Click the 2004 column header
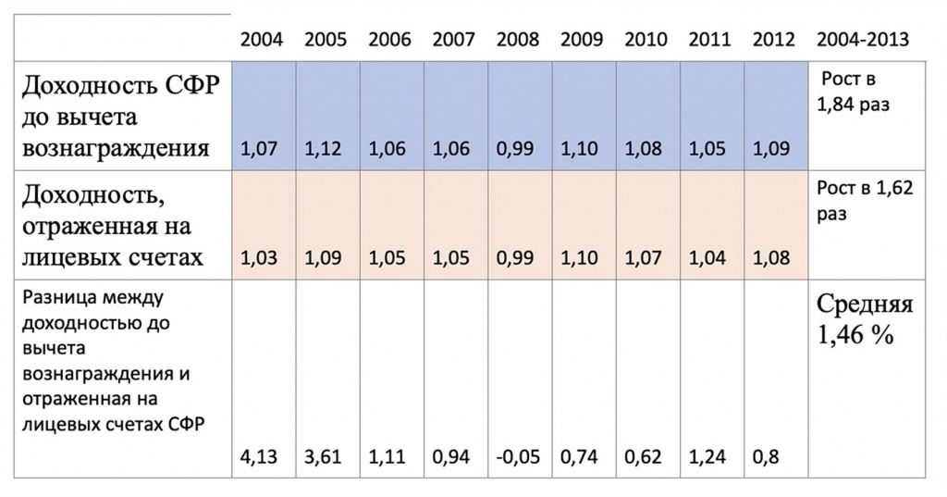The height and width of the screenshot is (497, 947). pyautogui.click(x=262, y=40)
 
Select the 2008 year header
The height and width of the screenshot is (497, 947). pyautogui.click(x=518, y=40)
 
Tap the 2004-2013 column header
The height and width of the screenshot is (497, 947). pyautogui.click(x=863, y=40)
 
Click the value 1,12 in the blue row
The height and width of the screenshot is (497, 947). pyautogui.click(x=323, y=149)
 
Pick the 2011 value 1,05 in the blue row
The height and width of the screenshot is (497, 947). pyautogui.click(x=707, y=149)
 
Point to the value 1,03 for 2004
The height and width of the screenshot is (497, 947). pyautogui.click(x=259, y=258)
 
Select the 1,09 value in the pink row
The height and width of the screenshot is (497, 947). pyautogui.click(x=323, y=258)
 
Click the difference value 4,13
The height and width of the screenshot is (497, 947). pyautogui.click(x=259, y=456)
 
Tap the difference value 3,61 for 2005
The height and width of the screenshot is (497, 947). pyautogui.click(x=323, y=456)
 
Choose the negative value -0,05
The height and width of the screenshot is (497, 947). pyautogui.click(x=518, y=456)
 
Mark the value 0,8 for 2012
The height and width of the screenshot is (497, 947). pyautogui.click(x=765, y=456)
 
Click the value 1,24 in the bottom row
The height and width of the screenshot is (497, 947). pyautogui.click(x=707, y=456)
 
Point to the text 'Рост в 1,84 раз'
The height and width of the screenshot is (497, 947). pyautogui.click(x=853, y=92)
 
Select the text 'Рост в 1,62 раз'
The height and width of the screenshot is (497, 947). pyautogui.click(x=865, y=201)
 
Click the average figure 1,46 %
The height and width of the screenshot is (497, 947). pyautogui.click(x=855, y=334)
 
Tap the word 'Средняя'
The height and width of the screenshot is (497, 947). pyautogui.click(x=865, y=304)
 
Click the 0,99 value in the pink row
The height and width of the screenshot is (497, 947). pyautogui.click(x=515, y=258)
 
